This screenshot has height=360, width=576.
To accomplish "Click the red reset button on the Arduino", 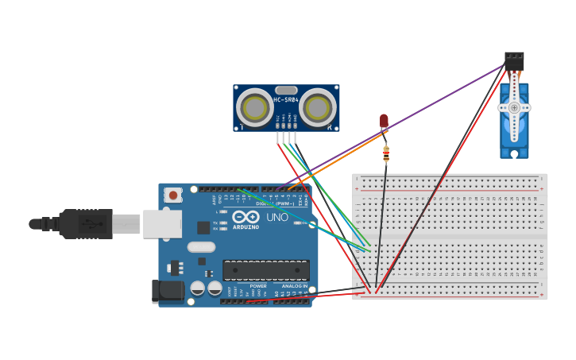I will (172, 195).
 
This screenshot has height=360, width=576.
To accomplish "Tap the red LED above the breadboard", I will (384, 121).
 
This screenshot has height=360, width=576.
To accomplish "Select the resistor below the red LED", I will (386, 154).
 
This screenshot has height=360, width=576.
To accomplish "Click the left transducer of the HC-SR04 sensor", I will (255, 108).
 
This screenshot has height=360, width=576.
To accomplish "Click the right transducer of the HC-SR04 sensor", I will (317, 108).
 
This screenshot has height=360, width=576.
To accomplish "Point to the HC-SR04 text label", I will (286, 100).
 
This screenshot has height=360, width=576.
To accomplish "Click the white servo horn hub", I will (514, 107).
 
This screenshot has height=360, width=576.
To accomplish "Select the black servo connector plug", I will (514, 61).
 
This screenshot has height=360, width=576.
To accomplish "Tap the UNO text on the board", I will (277, 217).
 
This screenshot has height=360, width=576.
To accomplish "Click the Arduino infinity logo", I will (245, 216).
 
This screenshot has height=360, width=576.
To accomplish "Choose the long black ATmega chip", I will (266, 270).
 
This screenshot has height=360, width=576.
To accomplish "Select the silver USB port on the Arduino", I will (162, 224).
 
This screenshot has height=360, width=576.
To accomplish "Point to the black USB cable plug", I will (86, 224).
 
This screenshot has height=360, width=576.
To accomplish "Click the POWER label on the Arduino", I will (258, 286).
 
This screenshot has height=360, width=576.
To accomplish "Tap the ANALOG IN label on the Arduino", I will (294, 286).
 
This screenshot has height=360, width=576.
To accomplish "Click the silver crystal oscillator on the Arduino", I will (201, 247).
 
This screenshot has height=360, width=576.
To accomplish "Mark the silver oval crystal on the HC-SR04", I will (286, 90).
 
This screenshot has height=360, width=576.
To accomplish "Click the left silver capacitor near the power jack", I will (198, 288).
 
